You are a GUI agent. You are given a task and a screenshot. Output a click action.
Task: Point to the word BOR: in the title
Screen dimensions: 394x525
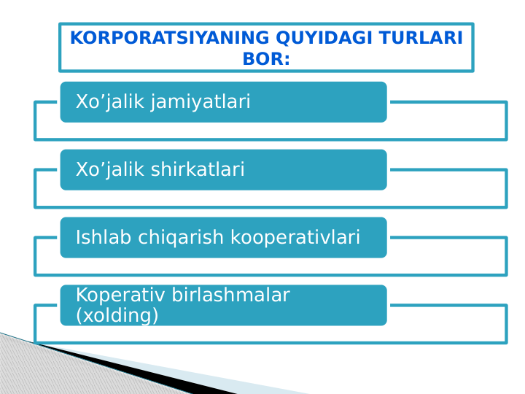point(266,59)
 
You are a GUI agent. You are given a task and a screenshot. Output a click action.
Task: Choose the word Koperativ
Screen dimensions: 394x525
point(121,295)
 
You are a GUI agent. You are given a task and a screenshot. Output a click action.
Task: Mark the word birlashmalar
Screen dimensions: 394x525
point(231,295)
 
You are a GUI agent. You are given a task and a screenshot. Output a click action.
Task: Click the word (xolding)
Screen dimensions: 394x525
point(117,315)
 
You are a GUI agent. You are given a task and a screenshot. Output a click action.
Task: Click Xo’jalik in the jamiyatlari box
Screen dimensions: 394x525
point(110,102)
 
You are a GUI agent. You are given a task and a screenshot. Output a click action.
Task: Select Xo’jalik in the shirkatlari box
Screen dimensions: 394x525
point(110,170)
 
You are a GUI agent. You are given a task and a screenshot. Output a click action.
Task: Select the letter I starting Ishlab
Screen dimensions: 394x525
point(79,237)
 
